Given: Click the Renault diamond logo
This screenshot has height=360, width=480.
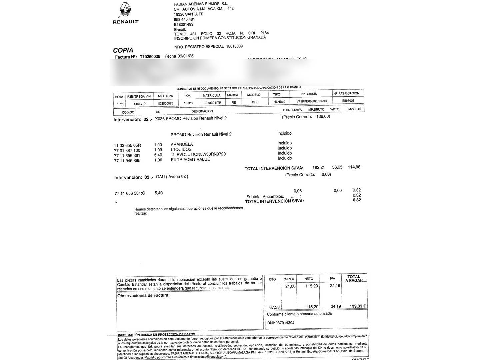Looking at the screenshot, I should tap(125, 10).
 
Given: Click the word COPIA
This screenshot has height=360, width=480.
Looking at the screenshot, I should tap(123, 50).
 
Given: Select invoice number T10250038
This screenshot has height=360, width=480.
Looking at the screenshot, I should tap(150, 57).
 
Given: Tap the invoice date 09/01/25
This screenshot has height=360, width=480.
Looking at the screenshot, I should tap(186, 56).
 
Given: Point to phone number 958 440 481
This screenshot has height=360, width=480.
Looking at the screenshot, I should tap(184, 19).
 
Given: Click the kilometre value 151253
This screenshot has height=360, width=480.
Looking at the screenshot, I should tap(189, 103).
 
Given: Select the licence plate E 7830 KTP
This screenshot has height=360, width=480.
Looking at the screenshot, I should tap(213, 103).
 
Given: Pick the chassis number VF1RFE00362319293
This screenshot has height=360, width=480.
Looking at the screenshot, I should tap(311, 101).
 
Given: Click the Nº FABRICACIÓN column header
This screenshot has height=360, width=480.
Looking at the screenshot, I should tap(346, 93).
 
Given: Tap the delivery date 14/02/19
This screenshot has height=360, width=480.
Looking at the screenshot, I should tap(139, 104).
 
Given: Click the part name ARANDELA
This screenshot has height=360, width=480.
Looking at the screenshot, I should tap(182, 144).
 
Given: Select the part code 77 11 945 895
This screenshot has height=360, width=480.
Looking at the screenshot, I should tap(127, 161).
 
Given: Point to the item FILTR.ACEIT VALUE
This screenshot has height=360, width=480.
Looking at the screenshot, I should tap(190, 159).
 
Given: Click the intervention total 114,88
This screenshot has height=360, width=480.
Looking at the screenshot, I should tap(354, 167).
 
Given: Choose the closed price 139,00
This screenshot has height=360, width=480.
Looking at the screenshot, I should tap(323, 116).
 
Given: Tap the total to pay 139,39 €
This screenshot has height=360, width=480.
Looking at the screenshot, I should tap(357, 306).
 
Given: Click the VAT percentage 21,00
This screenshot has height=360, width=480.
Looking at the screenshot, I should tap(290, 286).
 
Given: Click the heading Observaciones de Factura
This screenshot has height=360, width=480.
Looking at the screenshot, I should tap(143, 295).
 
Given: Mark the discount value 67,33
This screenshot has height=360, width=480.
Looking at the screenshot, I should tap(274, 307).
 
